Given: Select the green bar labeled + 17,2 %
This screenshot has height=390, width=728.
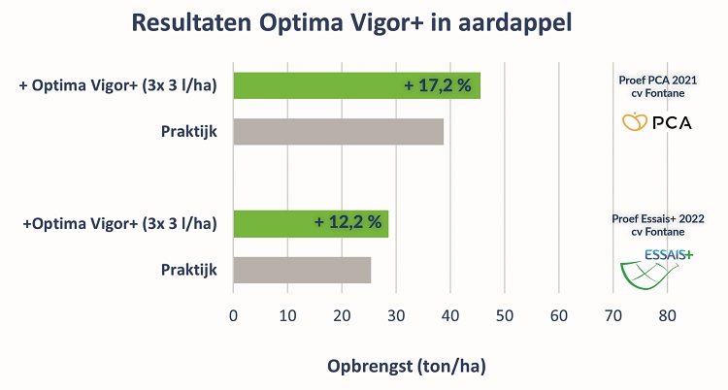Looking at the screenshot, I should pos(356,85).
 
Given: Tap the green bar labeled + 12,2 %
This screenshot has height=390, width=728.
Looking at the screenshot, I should pos(311,224).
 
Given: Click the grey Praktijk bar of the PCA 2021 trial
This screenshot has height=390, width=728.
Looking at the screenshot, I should pos(338,131).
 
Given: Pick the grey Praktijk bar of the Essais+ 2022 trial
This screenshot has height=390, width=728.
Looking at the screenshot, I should pos(302,270).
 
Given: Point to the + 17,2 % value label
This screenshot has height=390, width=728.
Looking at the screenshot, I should pos(438,85).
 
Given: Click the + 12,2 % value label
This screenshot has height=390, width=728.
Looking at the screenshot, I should pos(347,224).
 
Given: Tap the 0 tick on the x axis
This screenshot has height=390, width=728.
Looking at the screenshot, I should pos(234,314).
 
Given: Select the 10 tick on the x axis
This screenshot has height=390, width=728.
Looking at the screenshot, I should pos(287,314).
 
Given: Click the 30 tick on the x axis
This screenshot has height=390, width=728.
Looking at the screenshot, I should pos(396,314).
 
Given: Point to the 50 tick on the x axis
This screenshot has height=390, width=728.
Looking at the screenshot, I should pos(504,314).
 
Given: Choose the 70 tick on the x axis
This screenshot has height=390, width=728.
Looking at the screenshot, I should pos(612,314).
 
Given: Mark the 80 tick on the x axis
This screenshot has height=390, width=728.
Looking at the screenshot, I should pos(667,314).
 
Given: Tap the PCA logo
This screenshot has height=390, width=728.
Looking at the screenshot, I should pos(656,123).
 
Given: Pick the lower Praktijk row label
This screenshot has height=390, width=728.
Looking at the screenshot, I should pos(188,270).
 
